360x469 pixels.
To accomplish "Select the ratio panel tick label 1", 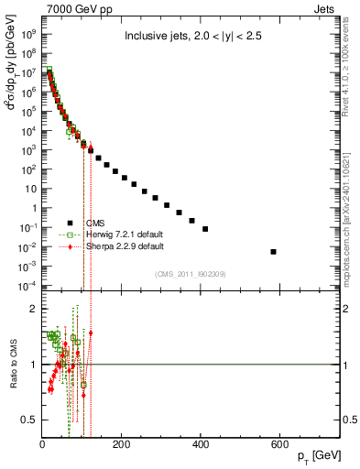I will [34, 365].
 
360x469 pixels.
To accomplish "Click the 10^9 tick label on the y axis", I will [29, 33].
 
